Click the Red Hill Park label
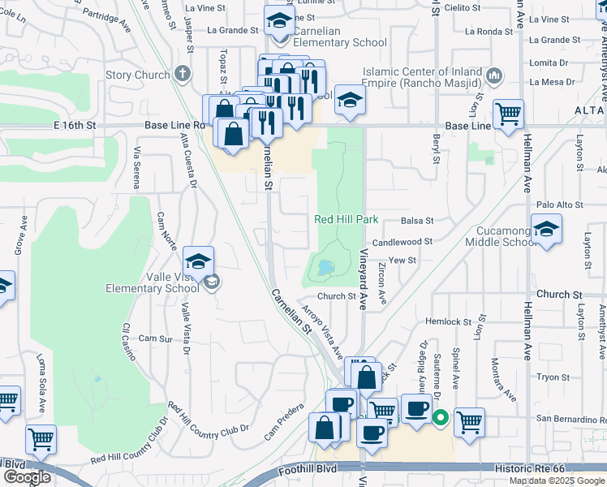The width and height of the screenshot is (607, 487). point(347,220)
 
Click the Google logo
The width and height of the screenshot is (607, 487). point(27,476)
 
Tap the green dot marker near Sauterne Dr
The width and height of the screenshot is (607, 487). point(440,419)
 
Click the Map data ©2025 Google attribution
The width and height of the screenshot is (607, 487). point(557,481)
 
